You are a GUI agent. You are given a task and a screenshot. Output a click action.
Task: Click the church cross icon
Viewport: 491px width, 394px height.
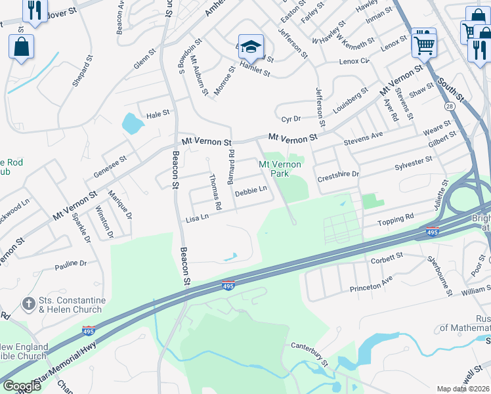[x=28, y=304]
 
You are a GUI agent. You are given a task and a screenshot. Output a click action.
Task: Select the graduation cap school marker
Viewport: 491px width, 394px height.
[x=250, y=47]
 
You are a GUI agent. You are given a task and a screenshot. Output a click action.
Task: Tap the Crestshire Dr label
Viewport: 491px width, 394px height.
[x=338, y=174]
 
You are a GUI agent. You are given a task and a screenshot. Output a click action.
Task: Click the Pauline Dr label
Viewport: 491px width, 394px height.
[x=71, y=265]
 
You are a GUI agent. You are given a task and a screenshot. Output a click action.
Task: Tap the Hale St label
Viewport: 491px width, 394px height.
[x=158, y=114]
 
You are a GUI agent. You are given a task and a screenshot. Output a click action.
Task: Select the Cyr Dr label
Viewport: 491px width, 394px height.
[x=290, y=119]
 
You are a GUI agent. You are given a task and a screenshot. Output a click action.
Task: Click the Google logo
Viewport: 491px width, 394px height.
[x=21, y=386]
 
